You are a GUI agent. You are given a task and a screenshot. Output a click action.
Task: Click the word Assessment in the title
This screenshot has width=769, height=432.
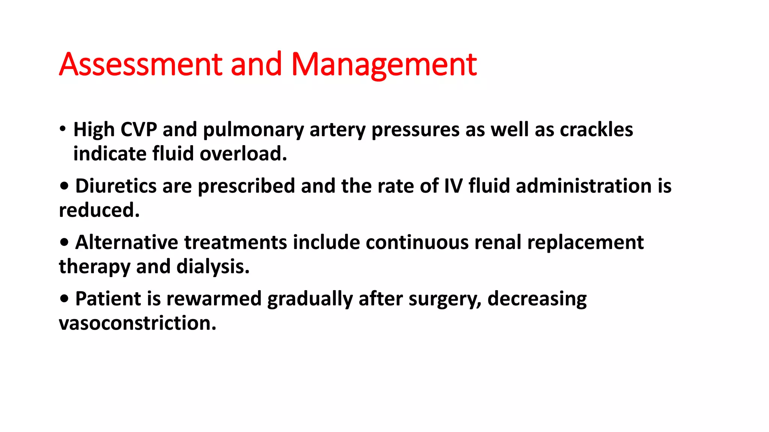[141, 64]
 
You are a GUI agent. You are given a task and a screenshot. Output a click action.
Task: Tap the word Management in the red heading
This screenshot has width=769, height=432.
[384, 64]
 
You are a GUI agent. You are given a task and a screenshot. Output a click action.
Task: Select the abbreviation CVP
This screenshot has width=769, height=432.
[139, 130]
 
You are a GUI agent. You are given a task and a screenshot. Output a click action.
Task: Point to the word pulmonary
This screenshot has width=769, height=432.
[253, 130]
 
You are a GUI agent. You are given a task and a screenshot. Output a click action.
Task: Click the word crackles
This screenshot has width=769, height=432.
[596, 130]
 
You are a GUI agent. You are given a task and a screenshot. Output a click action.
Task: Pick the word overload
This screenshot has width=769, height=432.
[243, 154]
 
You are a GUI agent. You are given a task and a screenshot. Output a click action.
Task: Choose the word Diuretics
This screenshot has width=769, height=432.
[116, 186]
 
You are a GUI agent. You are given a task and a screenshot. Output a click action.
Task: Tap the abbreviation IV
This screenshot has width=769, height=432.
[453, 186]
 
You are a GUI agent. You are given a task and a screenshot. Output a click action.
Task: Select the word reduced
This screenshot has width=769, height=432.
[99, 210]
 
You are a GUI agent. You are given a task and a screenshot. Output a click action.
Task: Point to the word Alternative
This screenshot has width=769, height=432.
[126, 242]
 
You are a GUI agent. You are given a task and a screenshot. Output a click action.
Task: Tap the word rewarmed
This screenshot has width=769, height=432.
[214, 299]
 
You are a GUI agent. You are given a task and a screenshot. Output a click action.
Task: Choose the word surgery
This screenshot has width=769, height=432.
[445, 299]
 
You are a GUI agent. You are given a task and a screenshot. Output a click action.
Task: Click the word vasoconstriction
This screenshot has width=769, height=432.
[137, 323]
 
